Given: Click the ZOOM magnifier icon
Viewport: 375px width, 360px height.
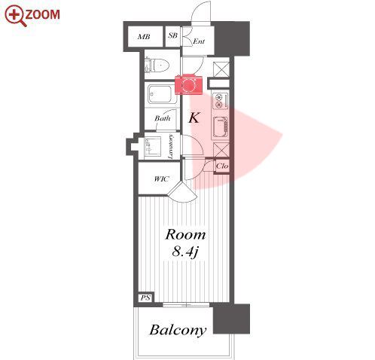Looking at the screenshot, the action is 15,16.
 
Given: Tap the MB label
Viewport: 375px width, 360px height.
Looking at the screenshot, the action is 144,37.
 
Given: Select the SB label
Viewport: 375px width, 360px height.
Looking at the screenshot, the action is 172,35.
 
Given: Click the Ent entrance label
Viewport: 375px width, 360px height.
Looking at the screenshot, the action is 199,41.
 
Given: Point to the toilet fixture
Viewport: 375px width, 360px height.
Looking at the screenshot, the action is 157,66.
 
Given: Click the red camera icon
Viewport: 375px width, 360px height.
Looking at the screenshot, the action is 188,84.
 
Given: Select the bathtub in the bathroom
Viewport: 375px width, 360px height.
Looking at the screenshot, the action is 160,94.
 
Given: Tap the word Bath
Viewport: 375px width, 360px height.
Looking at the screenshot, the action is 163,118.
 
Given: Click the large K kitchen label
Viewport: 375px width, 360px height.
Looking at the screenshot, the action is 194,117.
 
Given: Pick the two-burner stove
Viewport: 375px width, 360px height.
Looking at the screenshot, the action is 220,100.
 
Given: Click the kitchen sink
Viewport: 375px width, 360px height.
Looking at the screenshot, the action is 221,127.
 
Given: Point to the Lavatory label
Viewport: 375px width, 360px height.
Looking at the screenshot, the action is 170,147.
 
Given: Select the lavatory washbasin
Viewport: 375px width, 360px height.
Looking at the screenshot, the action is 153,147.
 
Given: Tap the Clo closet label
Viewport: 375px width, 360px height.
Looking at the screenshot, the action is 222,166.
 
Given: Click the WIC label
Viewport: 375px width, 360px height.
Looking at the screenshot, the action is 161,179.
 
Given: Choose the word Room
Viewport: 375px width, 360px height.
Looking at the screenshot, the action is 185,235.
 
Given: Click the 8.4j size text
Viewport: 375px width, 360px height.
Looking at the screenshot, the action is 185,252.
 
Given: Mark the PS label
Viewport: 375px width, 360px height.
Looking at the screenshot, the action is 145,297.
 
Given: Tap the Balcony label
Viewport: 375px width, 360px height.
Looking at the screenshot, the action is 178,330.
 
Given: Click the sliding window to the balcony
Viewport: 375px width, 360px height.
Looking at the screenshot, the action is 186,305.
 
